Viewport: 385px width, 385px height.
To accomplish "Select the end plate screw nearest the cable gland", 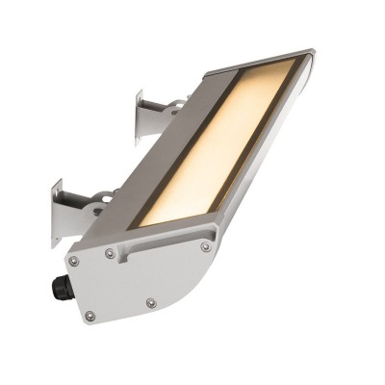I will coord(72,261).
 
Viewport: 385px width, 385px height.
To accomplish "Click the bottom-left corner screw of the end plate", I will coord(90,315).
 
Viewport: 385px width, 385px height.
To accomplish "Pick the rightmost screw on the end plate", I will coord(205,246).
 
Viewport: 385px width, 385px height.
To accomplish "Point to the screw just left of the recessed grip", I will coord(111,254).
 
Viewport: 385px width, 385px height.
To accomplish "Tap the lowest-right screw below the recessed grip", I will coord(151,303).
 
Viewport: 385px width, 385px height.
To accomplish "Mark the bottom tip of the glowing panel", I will coord(144,223).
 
